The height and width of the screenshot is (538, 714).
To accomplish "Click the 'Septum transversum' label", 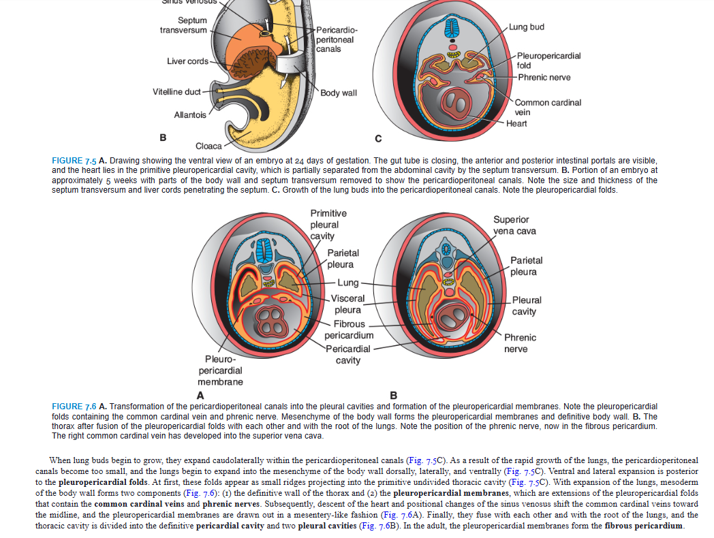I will coord(183,25).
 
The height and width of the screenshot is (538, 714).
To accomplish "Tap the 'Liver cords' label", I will coord(187,61).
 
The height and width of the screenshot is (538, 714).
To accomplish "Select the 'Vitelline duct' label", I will coord(176,92).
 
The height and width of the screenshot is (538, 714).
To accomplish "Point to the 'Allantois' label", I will coord(190,114).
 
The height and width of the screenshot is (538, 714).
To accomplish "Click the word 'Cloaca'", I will coord(208,146).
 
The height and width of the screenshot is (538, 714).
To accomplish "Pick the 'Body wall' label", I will coord(339,92).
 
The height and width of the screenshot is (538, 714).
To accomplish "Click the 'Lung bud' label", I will coord(526,27).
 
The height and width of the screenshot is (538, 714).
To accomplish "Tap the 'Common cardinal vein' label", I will coord(548,107).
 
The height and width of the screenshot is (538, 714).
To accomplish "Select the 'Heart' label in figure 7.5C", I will coord(516,123).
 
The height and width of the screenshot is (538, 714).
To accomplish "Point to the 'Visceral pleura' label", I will coord(347,304).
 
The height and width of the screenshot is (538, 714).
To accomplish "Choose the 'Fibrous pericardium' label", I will coord(349,330).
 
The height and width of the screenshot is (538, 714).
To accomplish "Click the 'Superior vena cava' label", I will coord(514,225).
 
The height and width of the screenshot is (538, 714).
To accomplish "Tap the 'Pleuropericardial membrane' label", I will coord(220,370).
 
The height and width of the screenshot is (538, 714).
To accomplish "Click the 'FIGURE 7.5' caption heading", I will coord(74,161).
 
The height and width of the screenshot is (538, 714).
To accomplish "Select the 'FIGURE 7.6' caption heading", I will coord(74,407).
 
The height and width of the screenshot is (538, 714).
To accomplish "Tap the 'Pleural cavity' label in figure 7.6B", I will coord(527,305).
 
